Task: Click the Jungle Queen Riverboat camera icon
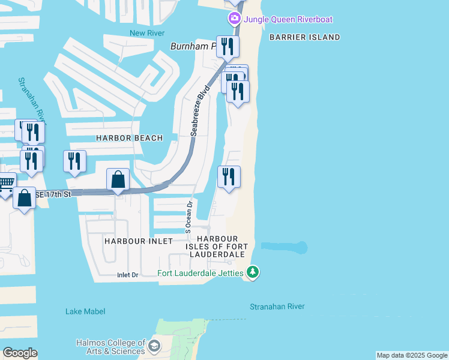coord(234,19)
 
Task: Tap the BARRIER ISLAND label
coord(304,37)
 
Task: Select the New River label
coord(147,32)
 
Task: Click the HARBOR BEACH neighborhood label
coord(129,138)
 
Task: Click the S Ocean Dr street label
coord(188,216)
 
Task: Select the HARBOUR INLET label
coord(139,241)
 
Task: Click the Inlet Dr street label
coord(127,275)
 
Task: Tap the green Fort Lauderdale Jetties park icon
coord(253,273)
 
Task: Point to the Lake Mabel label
coord(85,311)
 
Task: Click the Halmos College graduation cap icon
coord(155,346)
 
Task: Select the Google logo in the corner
coord(20,353)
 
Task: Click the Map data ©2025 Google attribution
coord(412,355)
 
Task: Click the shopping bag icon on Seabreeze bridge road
coord(118,179)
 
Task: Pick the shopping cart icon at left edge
coord(6,183)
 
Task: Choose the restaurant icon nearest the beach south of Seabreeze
coord(229,176)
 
